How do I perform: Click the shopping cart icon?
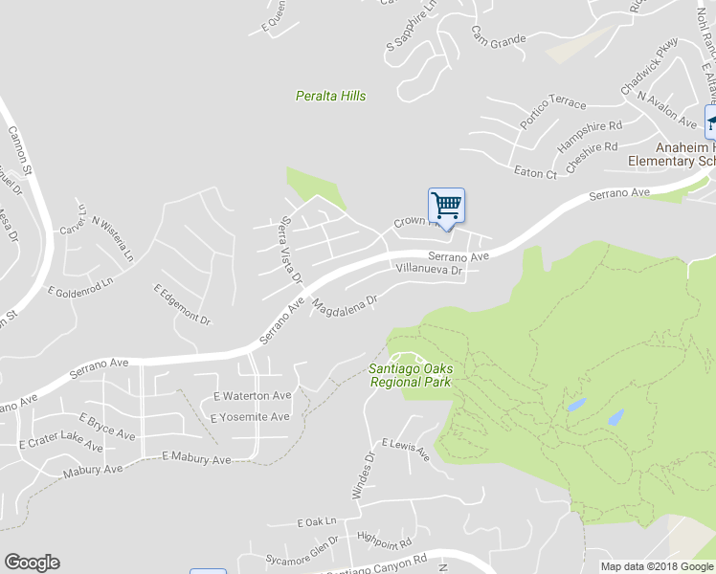[x=446, y=206]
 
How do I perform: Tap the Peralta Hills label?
[x=330, y=96]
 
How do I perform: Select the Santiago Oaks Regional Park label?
[x=411, y=375]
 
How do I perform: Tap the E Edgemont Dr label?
[x=182, y=303]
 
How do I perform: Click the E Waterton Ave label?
[x=252, y=395]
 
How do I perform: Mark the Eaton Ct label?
[x=535, y=173]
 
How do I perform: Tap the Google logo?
[x=32, y=563]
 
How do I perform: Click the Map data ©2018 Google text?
[x=657, y=566]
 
